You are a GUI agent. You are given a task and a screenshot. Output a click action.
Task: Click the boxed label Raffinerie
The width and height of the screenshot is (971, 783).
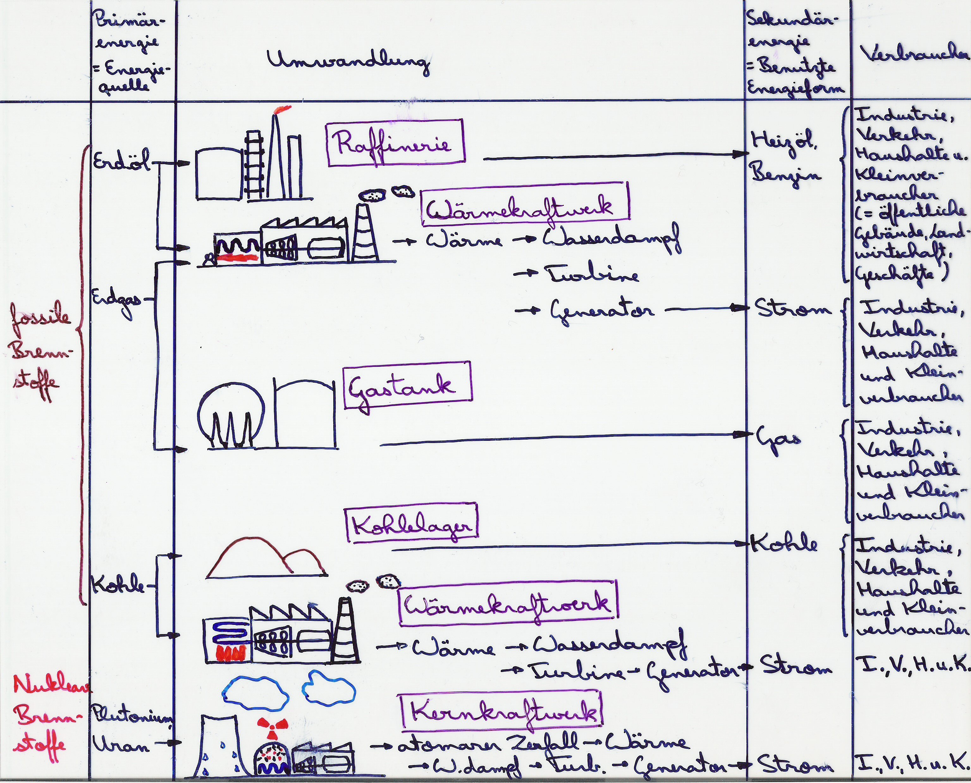395,143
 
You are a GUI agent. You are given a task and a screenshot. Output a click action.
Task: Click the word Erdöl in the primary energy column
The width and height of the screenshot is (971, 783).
121,161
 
